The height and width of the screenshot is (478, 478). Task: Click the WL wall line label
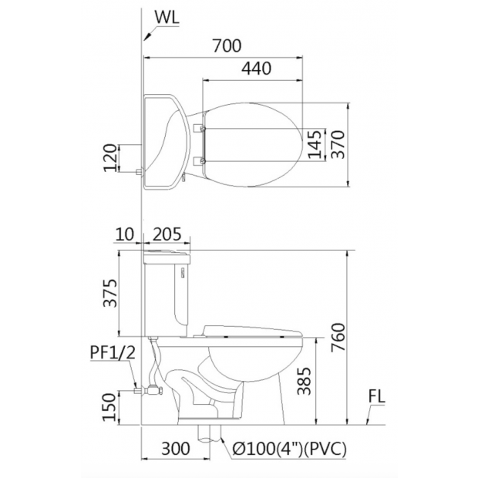click(x=167, y=18)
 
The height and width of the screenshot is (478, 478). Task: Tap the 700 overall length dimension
click(x=227, y=45)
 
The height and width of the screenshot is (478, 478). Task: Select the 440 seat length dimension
click(x=256, y=69)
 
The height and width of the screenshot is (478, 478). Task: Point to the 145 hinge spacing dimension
click(x=315, y=144)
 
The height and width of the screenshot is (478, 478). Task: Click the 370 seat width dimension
click(x=338, y=144)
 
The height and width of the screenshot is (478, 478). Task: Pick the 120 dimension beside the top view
click(x=110, y=157)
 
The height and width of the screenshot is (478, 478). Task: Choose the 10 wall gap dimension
click(x=125, y=234)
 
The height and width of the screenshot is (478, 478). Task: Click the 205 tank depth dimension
click(x=167, y=234)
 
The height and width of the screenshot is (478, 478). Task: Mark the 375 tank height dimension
click(x=110, y=293)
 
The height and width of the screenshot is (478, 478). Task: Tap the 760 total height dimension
click(x=338, y=337)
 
